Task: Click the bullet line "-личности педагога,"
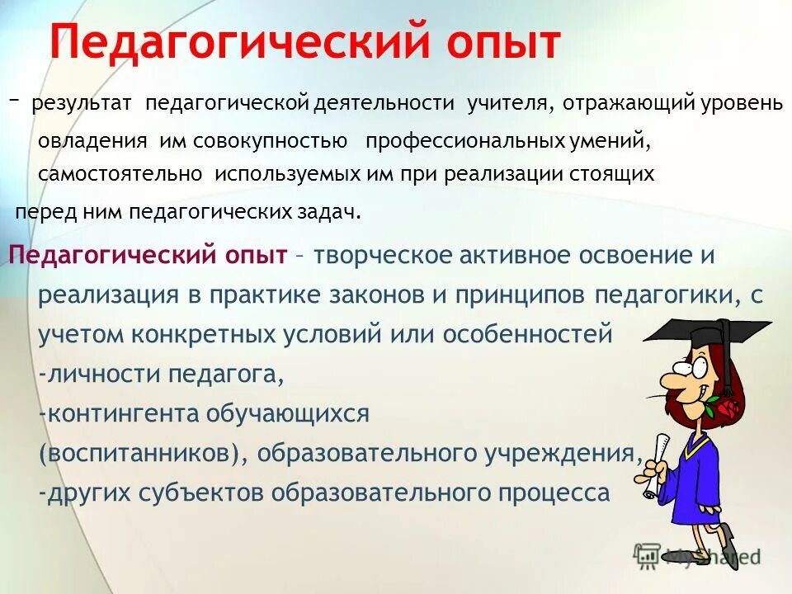[162, 375]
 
